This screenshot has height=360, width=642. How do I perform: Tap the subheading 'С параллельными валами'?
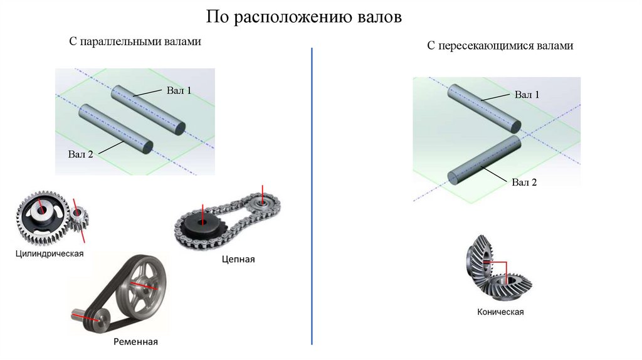coord(135,42)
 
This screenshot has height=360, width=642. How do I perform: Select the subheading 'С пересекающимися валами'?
coord(500,46)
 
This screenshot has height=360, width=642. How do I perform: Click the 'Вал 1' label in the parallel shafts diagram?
coord(179,90)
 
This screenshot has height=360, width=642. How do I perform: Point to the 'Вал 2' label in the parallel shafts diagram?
coord(81,154)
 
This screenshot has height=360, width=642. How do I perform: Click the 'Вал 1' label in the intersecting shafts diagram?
coord(527,95)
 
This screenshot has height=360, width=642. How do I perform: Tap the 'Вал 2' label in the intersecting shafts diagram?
coord(524,183)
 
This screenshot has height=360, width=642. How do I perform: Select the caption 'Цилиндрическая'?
coord(50,254)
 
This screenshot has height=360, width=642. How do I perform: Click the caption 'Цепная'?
coord(238,259)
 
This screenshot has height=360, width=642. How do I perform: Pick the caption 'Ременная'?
coord(135,342)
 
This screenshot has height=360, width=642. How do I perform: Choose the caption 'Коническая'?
coord(500,312)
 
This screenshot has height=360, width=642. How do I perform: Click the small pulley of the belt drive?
coord(95,319)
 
